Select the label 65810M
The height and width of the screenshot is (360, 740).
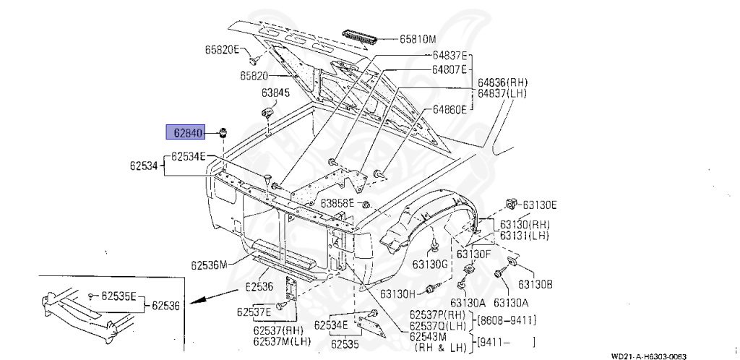click(x=422, y=38)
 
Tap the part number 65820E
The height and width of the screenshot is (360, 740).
click(x=221, y=49)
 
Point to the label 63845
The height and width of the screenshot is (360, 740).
click(x=275, y=93)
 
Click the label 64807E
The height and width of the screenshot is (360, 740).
click(x=451, y=69)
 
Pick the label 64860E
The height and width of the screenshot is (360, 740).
click(x=451, y=109)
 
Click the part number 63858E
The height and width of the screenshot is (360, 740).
click(x=338, y=203)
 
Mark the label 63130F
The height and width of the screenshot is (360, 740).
click(x=474, y=254)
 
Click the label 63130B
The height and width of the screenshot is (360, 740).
click(x=535, y=284)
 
